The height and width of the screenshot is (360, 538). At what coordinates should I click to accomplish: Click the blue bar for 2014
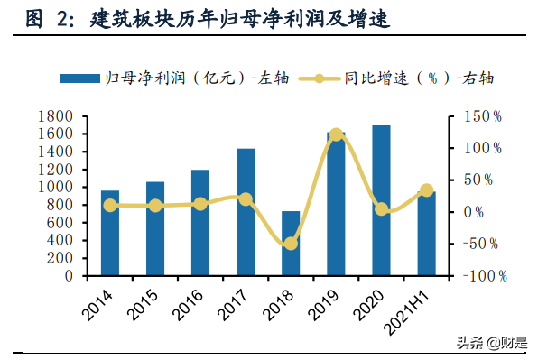(x=110, y=233)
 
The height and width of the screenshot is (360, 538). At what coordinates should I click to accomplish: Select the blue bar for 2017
(x=246, y=212)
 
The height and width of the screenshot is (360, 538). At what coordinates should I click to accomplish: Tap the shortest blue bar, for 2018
(x=291, y=244)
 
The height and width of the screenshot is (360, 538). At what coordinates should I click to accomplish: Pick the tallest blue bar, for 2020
(x=381, y=200)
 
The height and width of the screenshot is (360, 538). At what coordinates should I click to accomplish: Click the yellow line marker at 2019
(x=336, y=134)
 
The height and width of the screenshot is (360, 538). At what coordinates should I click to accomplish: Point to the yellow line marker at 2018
(x=291, y=244)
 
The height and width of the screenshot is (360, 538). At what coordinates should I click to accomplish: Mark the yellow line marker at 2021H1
(x=426, y=190)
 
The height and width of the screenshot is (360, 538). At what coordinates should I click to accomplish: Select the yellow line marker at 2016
(x=200, y=204)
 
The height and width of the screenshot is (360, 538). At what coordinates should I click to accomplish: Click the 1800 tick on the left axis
(x=56, y=116)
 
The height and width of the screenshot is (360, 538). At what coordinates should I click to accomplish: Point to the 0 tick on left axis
(x=69, y=276)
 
